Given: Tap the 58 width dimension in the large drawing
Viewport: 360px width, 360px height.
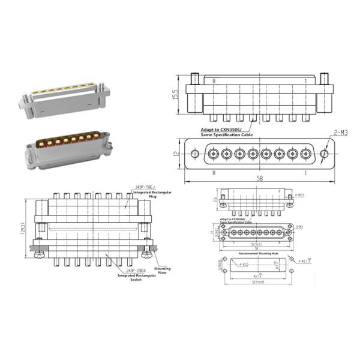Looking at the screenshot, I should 259,179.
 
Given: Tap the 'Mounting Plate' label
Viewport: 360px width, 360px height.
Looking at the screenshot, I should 162,271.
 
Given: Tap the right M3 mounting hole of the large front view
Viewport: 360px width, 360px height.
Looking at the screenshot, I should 324,154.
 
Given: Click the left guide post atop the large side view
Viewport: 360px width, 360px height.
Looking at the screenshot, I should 194,79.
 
